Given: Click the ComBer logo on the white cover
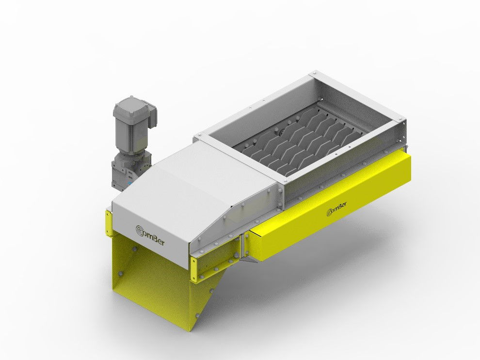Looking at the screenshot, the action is click(x=150, y=235).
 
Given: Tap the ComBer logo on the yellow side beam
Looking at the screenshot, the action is click(x=337, y=209).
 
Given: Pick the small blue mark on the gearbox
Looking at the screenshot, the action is click(x=129, y=184).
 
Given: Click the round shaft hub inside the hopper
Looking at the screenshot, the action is click(x=280, y=132).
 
